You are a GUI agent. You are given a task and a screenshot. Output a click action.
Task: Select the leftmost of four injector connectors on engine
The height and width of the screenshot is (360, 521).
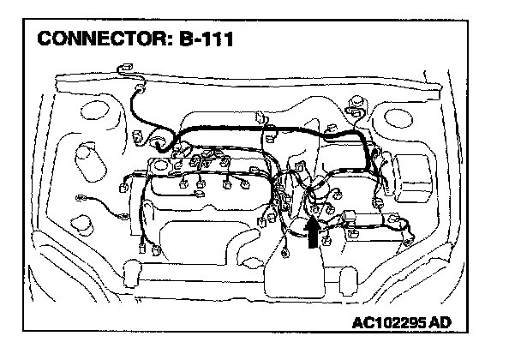pos(183,183)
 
